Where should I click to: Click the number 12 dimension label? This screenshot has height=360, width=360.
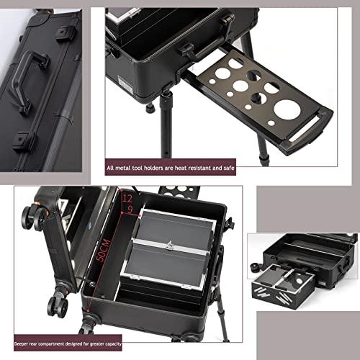coord(127,197)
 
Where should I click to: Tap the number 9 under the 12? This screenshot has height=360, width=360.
coord(129,210)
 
